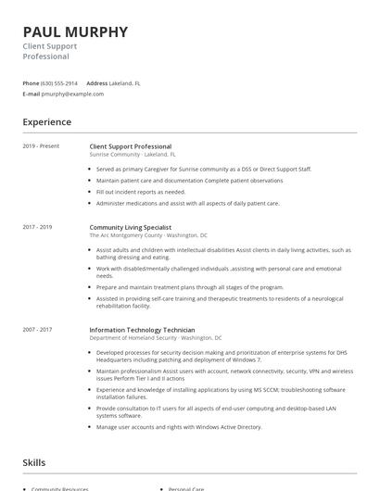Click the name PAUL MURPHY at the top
[76, 32]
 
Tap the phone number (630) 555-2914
[60, 83]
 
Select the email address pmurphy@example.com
[73, 94]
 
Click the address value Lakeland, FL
[125, 83]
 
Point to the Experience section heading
[46, 121]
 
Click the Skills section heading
[34, 461]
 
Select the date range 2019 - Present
[41, 146]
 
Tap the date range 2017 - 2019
[38, 226]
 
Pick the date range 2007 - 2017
[38, 330]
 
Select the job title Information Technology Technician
[142, 330]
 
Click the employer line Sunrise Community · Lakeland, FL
[133, 155]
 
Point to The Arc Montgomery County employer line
[148, 234]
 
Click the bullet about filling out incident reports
[141, 192]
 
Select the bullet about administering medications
[187, 203]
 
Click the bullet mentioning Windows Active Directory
[179, 427]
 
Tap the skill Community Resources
[60, 488]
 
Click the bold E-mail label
[32, 94]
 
